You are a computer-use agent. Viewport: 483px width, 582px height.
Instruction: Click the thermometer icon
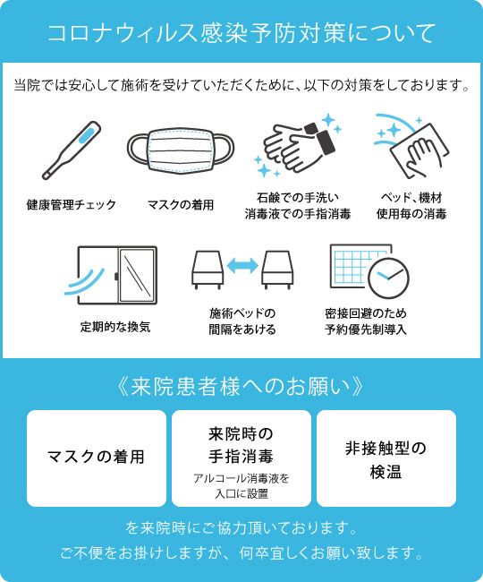(x=72, y=150)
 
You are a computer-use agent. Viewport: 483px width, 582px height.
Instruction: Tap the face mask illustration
(x=181, y=151)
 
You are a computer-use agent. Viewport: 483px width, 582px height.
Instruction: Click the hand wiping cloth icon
(x=411, y=146)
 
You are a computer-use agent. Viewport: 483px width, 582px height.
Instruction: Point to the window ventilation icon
(x=110, y=276)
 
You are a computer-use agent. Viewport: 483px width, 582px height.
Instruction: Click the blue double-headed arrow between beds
(x=242, y=266)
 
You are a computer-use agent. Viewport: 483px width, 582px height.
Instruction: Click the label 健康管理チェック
(x=72, y=204)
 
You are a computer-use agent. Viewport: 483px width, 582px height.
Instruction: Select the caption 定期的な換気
(x=115, y=327)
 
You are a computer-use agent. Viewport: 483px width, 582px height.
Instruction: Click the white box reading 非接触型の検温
(x=386, y=458)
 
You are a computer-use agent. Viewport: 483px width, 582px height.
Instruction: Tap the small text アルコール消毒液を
(x=241, y=478)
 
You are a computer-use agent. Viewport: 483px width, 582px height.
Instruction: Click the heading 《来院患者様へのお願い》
(x=241, y=387)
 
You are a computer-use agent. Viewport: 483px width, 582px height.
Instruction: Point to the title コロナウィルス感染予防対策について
(x=241, y=32)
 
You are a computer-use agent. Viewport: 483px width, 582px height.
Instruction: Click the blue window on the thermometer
(x=88, y=134)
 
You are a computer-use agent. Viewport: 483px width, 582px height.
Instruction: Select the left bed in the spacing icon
(x=208, y=270)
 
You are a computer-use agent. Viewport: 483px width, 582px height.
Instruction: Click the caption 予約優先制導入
(x=366, y=330)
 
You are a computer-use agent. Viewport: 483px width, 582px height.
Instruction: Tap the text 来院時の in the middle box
(x=241, y=434)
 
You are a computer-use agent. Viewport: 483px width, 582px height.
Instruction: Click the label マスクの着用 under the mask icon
(x=181, y=204)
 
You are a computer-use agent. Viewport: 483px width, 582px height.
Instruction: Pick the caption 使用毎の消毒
(x=411, y=214)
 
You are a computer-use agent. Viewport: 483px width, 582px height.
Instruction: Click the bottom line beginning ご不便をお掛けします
(x=241, y=553)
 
